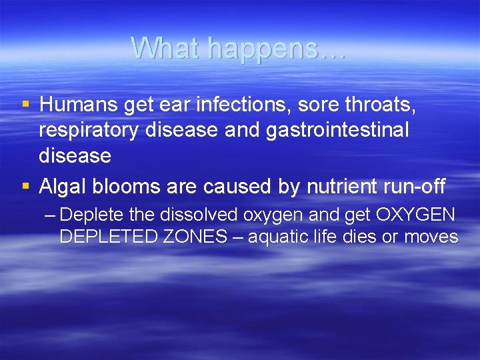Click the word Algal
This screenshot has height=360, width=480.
coord(62,187)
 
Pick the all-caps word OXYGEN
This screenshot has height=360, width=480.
coord(415,215)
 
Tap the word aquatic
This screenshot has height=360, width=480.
coord(277,237)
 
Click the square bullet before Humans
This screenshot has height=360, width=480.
coord(26,105)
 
